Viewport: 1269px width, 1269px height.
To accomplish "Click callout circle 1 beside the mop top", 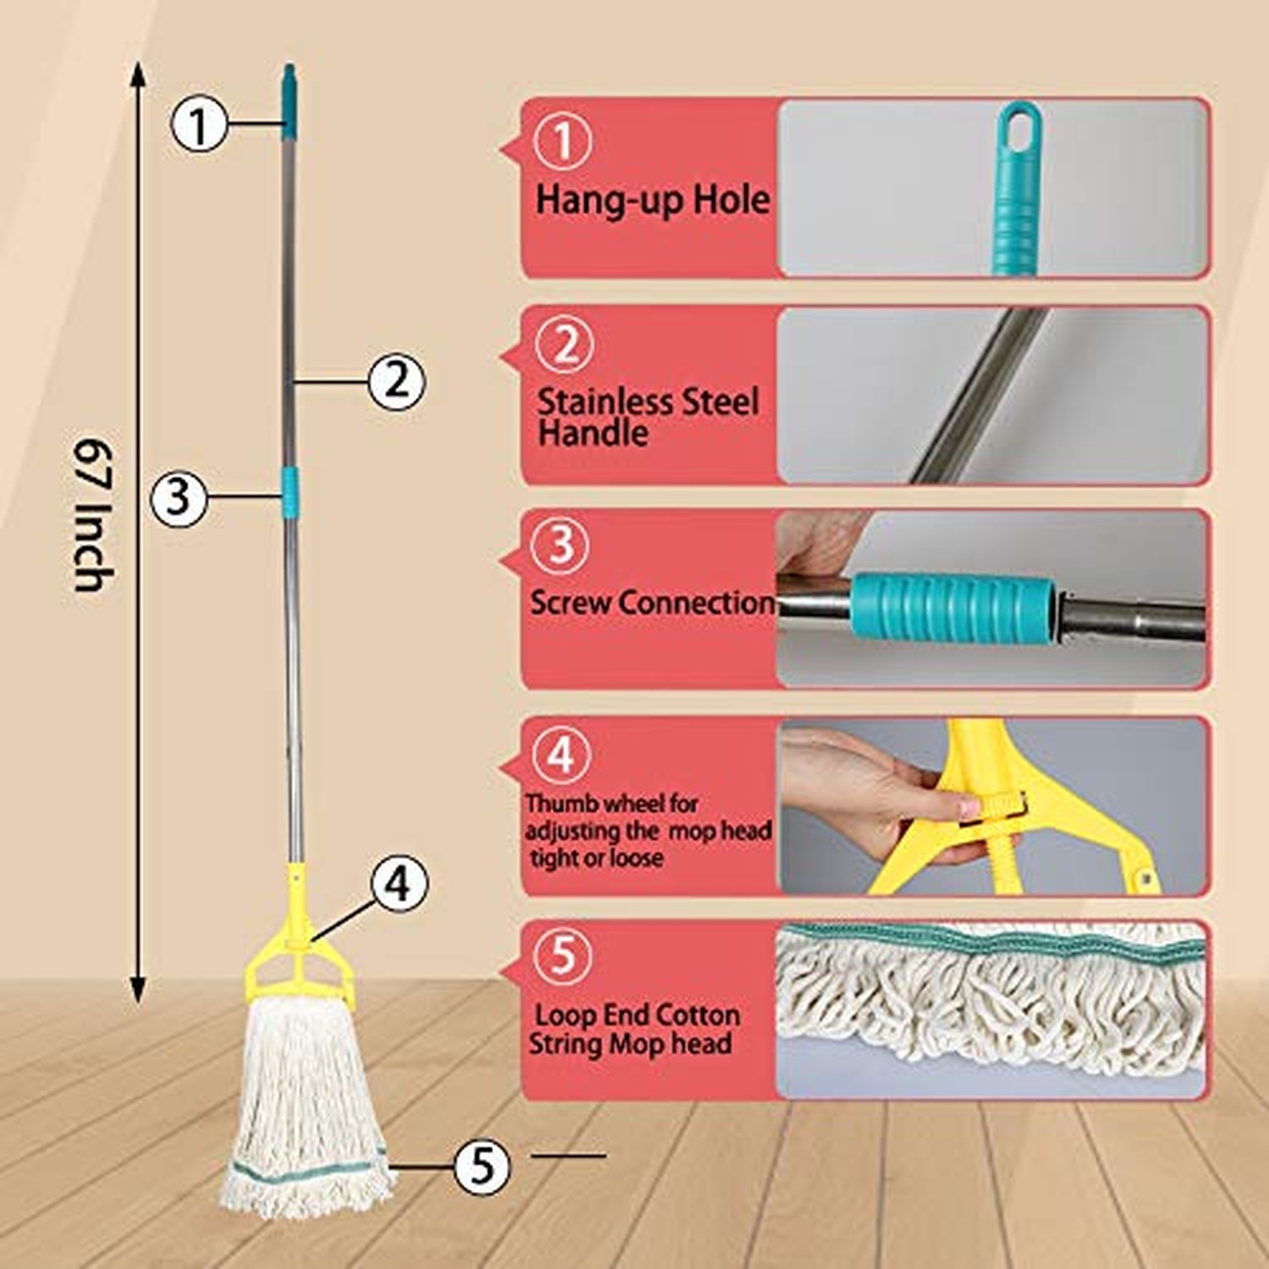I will (x=199, y=125).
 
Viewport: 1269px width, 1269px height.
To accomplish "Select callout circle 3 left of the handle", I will (x=179, y=497).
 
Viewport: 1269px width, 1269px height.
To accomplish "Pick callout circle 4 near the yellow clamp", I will (x=399, y=883).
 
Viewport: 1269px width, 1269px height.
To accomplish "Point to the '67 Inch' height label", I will (x=93, y=514).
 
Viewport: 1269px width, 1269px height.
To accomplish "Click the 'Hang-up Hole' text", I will (x=652, y=201).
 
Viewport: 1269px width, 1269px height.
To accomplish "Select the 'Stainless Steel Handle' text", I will (x=647, y=417).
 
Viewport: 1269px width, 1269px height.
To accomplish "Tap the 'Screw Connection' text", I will (x=651, y=602).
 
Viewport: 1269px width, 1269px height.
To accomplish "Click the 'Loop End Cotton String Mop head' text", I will (x=634, y=1029).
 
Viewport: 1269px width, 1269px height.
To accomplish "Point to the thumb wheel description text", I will (x=647, y=830).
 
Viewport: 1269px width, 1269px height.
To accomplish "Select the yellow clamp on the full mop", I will (x=297, y=948).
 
